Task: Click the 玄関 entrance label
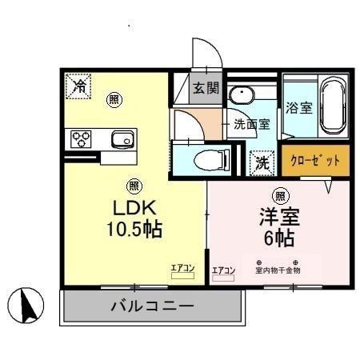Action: [204, 88]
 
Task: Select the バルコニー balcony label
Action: [151, 306]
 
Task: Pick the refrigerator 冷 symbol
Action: [78, 86]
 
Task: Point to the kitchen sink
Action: [122, 138]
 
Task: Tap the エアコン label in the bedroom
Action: [223, 270]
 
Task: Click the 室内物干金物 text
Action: [277, 270]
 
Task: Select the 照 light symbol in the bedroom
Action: [281, 194]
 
